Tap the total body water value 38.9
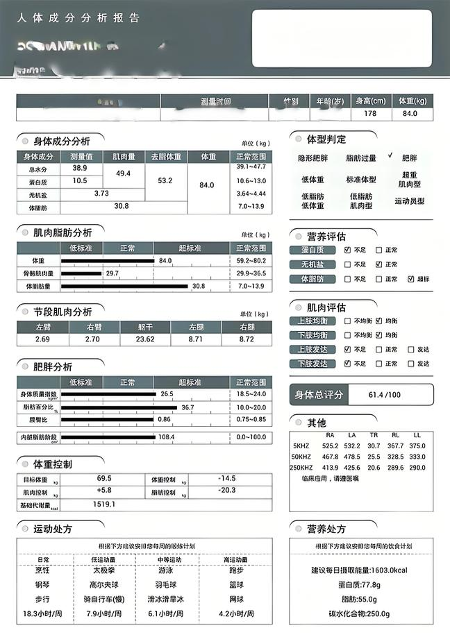pos(79,168)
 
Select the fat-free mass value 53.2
pos(165,180)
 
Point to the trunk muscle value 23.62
pos(144,339)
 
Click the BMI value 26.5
pos(167,393)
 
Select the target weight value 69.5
pos(104,479)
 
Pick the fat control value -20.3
pos(226,492)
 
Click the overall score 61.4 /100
pos(385,395)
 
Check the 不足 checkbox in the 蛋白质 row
pos(348,250)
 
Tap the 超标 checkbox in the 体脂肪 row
pos(411,279)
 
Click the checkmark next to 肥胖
pos(391,156)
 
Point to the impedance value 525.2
pos(331,446)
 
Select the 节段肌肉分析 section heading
pos(62,312)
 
